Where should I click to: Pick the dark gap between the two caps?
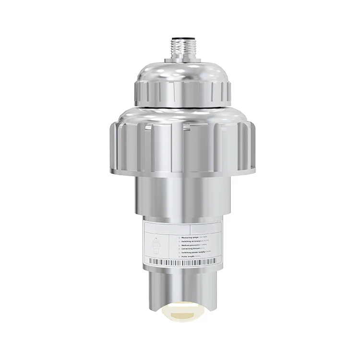pos(180,105)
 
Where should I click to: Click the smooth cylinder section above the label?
pos(180,197)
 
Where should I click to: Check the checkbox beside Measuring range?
pos(179,236)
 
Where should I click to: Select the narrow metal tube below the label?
pos(180,288)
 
